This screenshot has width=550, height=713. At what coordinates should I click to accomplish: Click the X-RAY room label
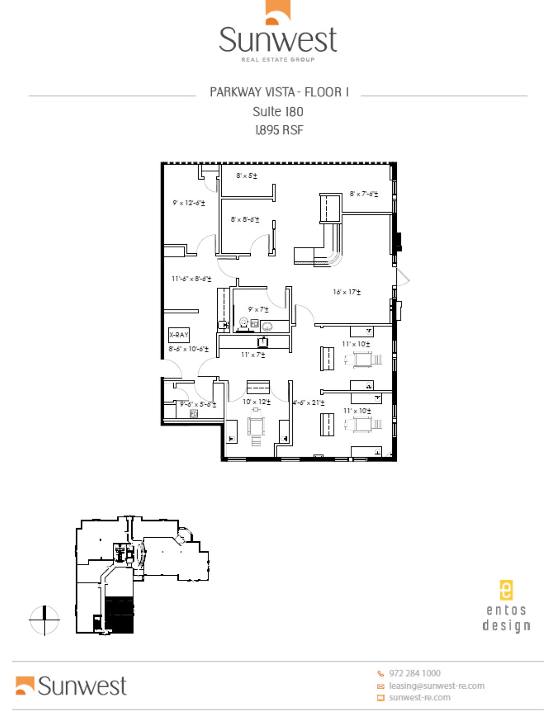pos(179,335)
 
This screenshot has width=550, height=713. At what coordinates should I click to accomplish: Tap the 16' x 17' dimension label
pos(346,292)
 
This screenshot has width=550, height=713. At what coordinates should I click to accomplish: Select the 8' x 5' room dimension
pos(247,176)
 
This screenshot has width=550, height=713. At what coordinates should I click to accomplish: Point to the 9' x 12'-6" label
pos(189,203)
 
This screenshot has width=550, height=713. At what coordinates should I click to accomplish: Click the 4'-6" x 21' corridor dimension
pos(308,403)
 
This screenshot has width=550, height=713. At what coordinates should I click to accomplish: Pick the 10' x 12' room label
pos(256,402)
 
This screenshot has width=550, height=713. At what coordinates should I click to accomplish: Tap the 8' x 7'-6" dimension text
pos(364,194)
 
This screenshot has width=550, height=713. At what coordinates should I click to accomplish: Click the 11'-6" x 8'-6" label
pos(192,279)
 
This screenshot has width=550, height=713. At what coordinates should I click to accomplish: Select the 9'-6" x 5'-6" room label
pos(198,404)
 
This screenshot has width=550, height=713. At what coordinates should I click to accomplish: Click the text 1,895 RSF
pos(279,131)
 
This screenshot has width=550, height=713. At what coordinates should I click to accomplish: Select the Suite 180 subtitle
pos(278,112)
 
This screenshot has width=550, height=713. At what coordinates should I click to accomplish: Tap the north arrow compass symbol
pos(44,620)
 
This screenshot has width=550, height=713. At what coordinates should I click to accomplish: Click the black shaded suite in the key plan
pos(119,615)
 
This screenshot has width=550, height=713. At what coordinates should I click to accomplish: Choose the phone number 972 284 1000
pos(414,673)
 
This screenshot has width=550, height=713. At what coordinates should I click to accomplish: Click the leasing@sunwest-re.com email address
pos(436,686)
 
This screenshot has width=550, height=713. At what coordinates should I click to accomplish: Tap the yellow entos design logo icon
pos(506,590)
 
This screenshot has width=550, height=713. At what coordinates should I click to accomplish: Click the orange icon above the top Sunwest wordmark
pos(278,12)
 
